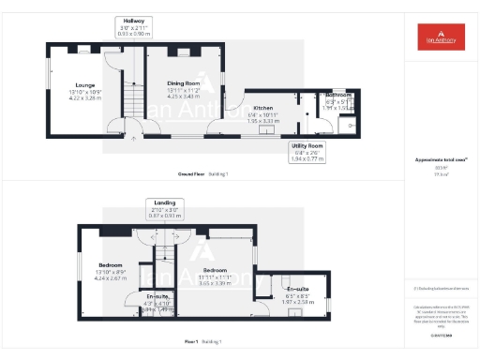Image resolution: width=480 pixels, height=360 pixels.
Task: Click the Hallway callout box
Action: (133, 26)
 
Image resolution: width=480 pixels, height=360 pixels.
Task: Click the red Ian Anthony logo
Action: (440, 37)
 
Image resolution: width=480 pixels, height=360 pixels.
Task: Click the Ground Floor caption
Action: (193, 174)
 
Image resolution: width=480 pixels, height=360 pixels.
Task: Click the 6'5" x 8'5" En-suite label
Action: (297, 289)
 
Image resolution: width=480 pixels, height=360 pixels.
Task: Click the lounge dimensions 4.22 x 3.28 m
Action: (82, 97)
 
